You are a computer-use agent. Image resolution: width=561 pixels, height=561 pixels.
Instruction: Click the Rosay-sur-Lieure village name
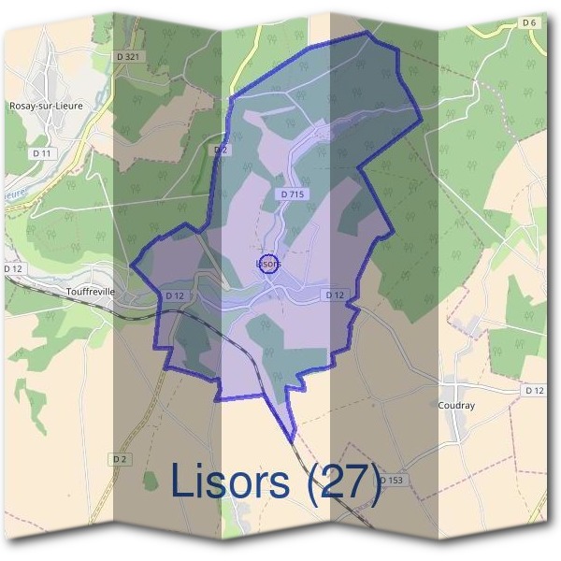pos(45,106)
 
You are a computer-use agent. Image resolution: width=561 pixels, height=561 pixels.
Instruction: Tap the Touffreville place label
pos(91,291)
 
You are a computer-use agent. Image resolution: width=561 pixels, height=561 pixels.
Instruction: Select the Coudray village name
pos(457,405)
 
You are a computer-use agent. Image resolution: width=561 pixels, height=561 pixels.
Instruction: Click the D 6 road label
pos(529,22)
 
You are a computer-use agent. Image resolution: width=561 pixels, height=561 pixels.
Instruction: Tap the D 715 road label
pos(293,194)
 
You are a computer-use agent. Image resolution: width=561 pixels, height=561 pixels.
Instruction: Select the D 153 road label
pos(393,481)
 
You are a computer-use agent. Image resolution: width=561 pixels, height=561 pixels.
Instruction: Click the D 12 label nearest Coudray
pos(534,389)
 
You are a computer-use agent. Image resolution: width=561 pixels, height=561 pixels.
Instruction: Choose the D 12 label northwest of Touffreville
pos(12,268)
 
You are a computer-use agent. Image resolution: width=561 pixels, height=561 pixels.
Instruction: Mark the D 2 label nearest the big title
pos(120,458)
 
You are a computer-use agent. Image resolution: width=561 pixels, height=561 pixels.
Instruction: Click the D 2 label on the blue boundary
pos(221,150)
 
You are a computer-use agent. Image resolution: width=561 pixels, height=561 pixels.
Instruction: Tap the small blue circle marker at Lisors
pos(267,264)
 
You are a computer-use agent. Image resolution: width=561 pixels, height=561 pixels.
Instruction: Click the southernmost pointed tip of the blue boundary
pos(292,440)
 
